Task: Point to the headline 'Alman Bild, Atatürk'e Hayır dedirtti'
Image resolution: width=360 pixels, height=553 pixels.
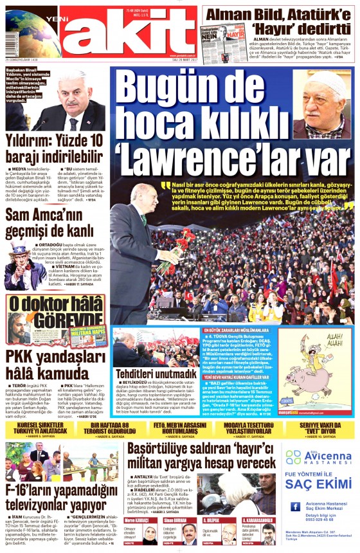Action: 280,20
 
